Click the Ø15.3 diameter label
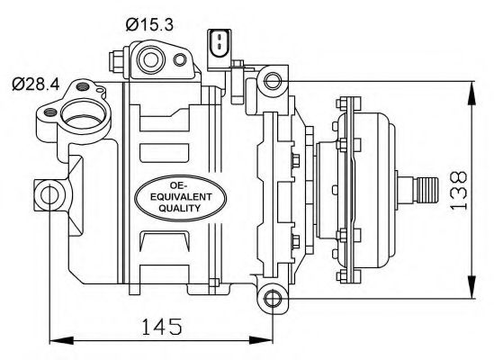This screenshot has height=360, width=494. (x=149, y=25)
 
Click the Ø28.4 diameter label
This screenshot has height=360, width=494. (x=36, y=85)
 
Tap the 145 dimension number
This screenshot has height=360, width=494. (x=162, y=327)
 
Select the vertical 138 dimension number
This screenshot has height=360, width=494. (x=458, y=190)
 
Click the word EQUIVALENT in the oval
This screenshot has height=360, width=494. (x=181, y=197)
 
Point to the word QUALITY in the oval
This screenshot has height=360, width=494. (x=180, y=208)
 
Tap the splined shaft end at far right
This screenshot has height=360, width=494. (x=426, y=190)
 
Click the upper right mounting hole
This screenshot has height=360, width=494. (x=273, y=81)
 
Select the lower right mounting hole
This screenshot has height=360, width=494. (x=273, y=298)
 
